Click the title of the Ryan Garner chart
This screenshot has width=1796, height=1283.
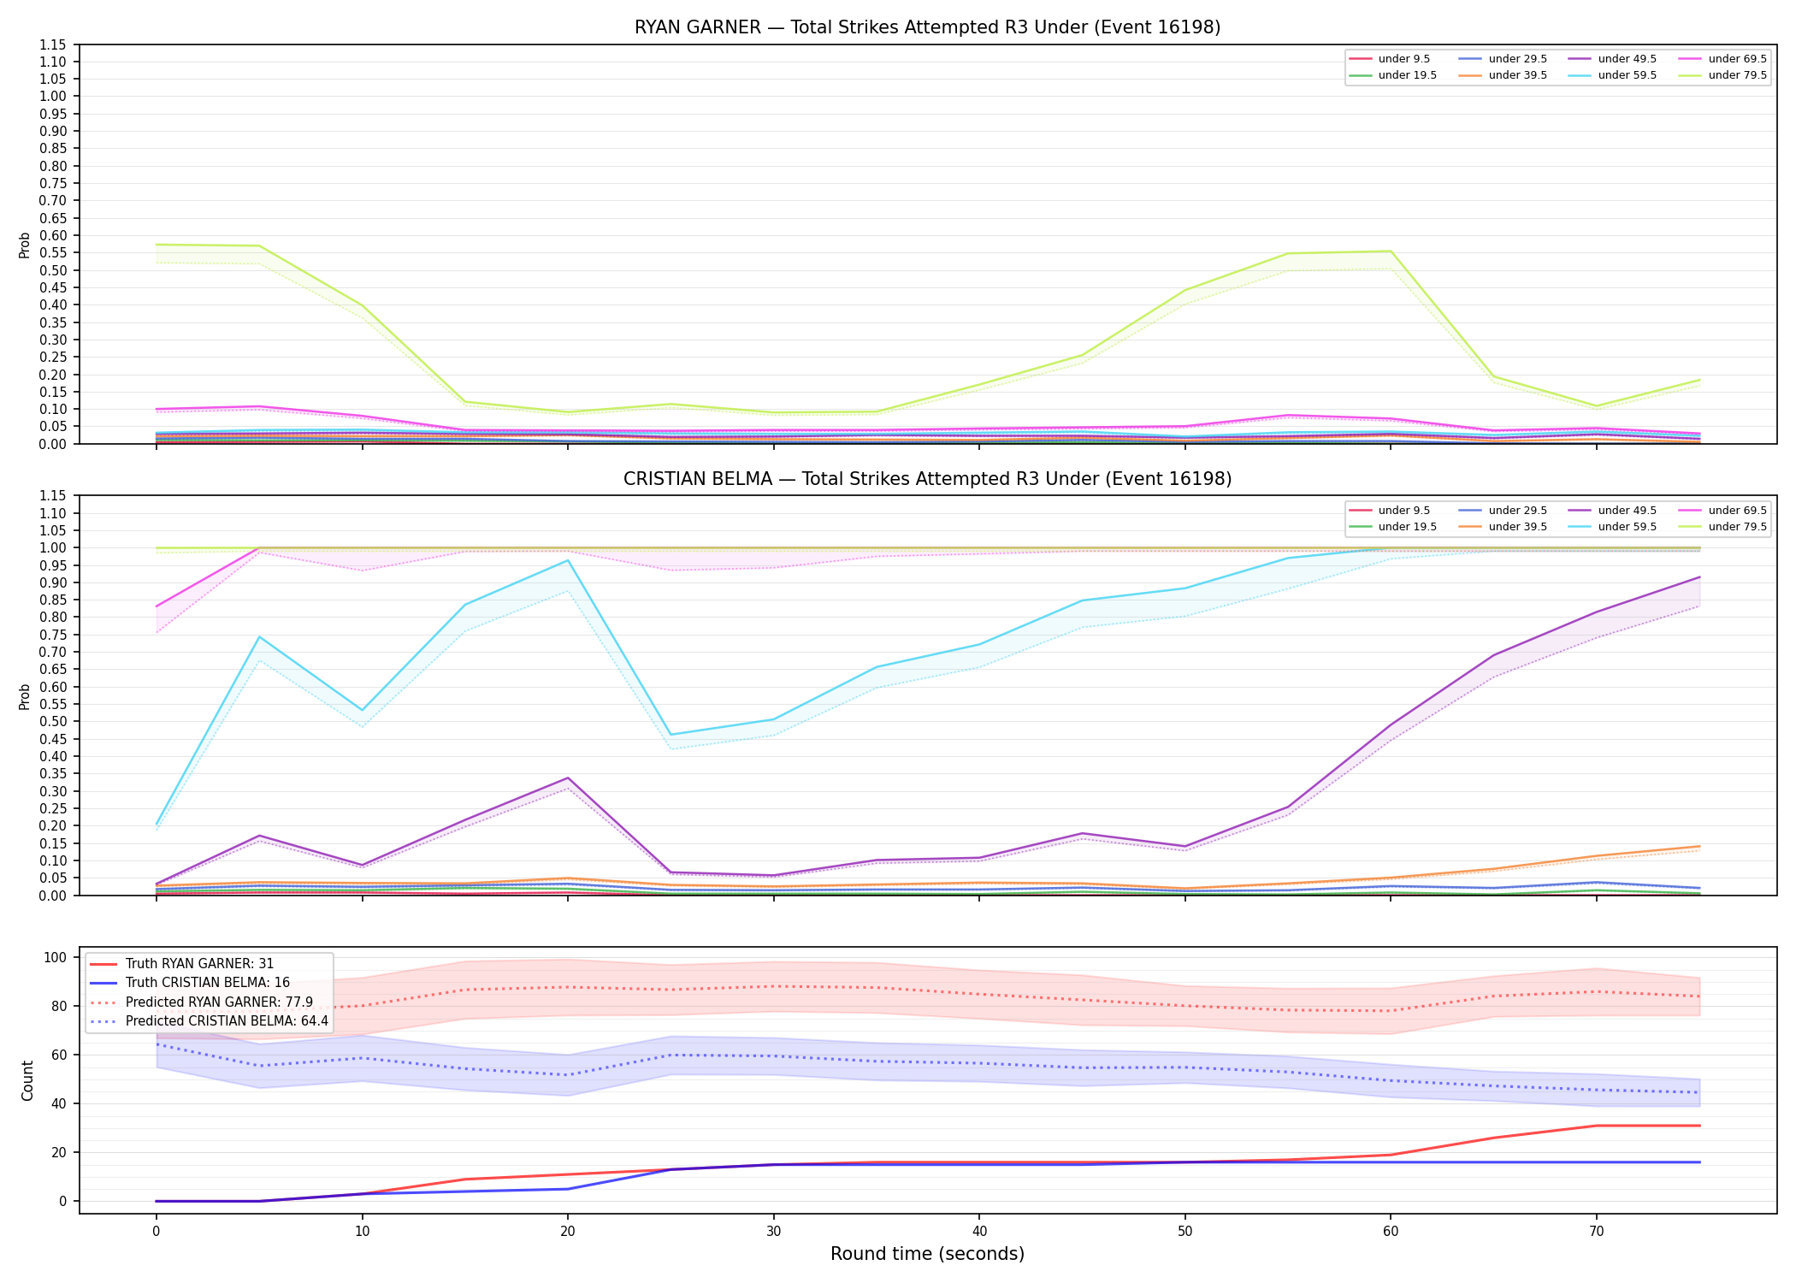pyautogui.click(x=927, y=27)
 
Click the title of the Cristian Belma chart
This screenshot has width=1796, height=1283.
pyautogui.click(x=927, y=479)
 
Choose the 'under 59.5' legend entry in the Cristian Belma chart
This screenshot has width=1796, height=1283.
pyautogui.click(x=1614, y=527)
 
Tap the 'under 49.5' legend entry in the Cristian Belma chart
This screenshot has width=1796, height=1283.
pyautogui.click(x=1614, y=511)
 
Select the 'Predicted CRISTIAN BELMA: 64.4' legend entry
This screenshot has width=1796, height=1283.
pyautogui.click(x=210, y=1021)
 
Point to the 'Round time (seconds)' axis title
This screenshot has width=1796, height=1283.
pyautogui.click(x=927, y=1254)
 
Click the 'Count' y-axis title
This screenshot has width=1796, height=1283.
pyautogui.click(x=27, y=1080)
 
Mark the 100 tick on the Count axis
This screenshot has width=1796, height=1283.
pyautogui.click(x=56, y=957)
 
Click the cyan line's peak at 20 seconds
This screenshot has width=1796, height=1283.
pyautogui.click(x=567, y=560)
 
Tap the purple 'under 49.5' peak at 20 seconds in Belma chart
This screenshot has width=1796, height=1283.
pyautogui.click(x=567, y=778)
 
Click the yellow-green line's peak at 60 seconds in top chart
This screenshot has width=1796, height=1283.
pyautogui.click(x=1391, y=251)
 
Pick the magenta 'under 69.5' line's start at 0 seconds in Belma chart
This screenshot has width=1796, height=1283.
pyautogui.click(x=157, y=606)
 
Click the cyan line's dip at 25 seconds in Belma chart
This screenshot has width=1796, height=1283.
pyautogui.click(x=671, y=735)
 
